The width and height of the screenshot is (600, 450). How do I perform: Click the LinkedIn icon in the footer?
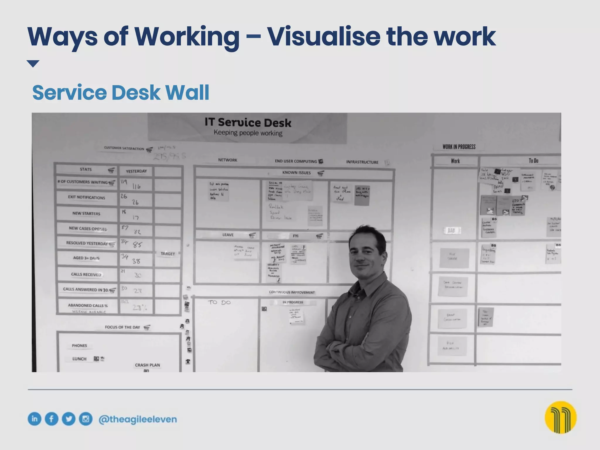tap(35, 419)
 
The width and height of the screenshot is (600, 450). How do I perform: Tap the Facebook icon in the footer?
tap(52, 419)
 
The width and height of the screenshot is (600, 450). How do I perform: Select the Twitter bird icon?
tap(69, 419)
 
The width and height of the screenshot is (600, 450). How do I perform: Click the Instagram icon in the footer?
tap(86, 419)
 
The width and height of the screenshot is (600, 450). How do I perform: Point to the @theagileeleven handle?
tap(138, 419)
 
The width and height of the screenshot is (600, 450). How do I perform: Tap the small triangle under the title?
tap(33, 64)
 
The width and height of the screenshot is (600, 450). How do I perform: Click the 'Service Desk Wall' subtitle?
tap(121, 92)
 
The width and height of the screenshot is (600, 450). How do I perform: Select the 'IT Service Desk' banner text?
tap(248, 122)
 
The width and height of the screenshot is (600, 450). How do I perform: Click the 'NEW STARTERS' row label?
tap(86, 213)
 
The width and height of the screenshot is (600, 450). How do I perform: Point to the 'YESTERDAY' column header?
tap(136, 171)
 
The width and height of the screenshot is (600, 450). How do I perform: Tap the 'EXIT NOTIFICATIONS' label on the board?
tap(86, 197)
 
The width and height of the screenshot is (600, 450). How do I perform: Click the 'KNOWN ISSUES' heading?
tap(296, 173)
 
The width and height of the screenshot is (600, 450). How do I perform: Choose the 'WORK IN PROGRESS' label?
tap(459, 147)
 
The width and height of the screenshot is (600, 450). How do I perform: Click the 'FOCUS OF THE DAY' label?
tap(122, 327)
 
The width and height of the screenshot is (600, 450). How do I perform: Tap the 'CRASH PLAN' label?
tap(147, 365)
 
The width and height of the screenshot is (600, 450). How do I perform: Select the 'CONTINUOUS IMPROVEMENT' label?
tap(292, 292)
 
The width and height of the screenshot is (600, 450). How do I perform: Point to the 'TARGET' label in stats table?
tap(168, 254)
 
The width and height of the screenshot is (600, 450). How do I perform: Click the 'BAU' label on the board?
tap(451, 231)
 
